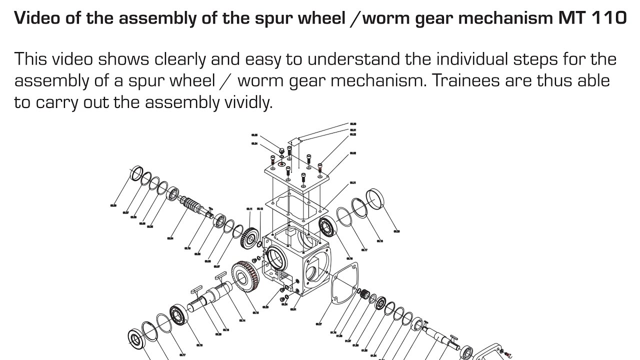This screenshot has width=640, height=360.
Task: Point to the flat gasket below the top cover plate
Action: coord(298,206)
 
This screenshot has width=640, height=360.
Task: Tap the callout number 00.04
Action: coord(170,238)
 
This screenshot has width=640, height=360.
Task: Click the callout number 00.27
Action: coord(318,324)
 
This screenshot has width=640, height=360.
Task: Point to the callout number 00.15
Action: coord(255,312)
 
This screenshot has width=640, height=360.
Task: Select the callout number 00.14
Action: coord(242,320)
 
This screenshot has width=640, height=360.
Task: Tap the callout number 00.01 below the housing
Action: coord(293,309)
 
